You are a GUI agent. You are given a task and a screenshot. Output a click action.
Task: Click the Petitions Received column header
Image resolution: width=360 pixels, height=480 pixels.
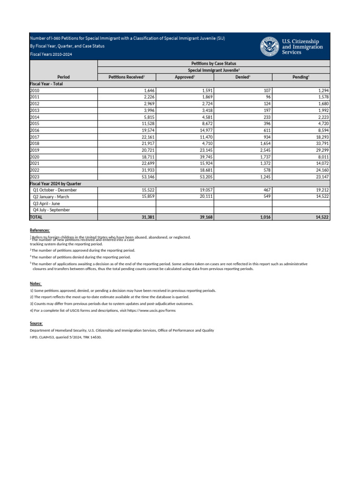point(127,76)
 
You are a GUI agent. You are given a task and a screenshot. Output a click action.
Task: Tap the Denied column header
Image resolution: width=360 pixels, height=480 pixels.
point(242,76)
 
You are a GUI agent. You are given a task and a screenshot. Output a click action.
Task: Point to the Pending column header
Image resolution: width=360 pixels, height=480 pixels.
point(300,76)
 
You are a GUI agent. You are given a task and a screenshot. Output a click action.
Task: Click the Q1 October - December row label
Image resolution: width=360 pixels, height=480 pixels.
point(55,190)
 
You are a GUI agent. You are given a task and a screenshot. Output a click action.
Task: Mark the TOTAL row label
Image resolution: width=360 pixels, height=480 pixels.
point(36,217)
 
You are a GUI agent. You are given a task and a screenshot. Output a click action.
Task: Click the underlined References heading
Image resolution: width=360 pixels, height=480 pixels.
point(40,230)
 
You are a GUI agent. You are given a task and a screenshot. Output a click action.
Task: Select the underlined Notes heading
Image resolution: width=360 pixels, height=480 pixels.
point(36,284)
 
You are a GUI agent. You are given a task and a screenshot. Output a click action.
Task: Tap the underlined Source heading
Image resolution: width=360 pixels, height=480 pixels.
point(36,323)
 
